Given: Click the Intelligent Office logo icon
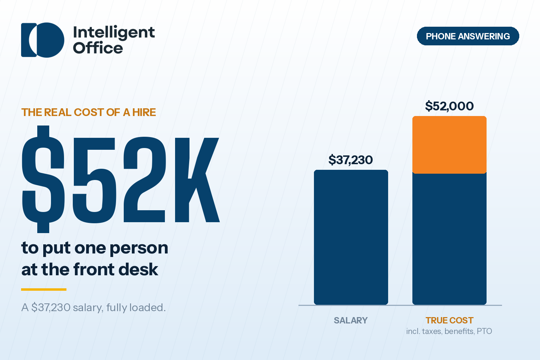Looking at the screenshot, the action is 43,40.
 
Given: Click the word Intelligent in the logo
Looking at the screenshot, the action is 114,33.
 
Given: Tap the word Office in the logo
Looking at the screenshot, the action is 98,47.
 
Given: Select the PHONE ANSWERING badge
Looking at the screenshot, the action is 468,36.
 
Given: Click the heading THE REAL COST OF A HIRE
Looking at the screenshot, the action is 89,112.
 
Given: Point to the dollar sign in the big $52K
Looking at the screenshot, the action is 43,179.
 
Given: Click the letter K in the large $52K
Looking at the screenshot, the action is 197,180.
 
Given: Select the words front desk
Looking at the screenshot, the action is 115,269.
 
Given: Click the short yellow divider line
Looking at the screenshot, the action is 44,289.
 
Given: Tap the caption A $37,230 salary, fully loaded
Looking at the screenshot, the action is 94,308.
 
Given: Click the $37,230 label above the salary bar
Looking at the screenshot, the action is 351,160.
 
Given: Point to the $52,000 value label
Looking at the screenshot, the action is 449,106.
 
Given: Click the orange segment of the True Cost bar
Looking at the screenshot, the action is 449,145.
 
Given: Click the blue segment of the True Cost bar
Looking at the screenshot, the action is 449,239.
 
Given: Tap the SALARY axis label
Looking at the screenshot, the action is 351,321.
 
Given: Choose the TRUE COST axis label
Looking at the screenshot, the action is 449,321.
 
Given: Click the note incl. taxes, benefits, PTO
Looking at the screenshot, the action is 449,331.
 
